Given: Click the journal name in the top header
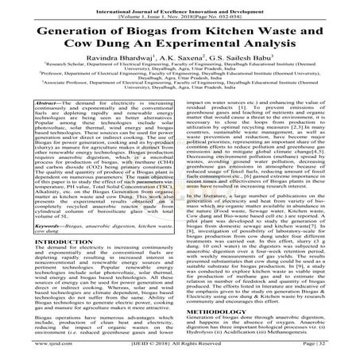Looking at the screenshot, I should [x=180, y=4].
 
